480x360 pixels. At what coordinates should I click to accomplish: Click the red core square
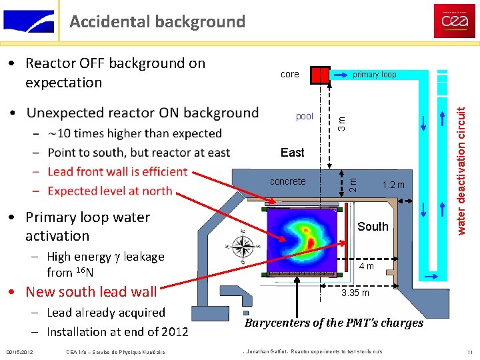coord(321,75)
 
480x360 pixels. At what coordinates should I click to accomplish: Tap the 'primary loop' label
coord(374,75)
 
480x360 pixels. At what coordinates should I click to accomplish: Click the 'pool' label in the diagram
coord(304,116)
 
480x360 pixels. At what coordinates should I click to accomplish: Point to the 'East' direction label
coord(292,153)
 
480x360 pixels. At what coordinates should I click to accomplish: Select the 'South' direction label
coord(373,227)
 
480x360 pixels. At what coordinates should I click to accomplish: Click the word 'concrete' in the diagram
coord(288,181)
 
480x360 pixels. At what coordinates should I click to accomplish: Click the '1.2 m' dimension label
coord(393,184)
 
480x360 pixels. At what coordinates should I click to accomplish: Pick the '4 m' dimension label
coord(366,267)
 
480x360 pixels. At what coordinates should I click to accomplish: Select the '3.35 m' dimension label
coord(355,293)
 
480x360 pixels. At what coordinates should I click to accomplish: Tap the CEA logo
coord(455,21)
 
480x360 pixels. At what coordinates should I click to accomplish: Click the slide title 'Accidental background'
coord(157,21)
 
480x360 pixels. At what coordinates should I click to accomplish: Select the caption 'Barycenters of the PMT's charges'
coord(334,323)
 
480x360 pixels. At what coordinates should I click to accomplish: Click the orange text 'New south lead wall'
coord(91,292)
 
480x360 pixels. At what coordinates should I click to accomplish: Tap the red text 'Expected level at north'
coord(110,191)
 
